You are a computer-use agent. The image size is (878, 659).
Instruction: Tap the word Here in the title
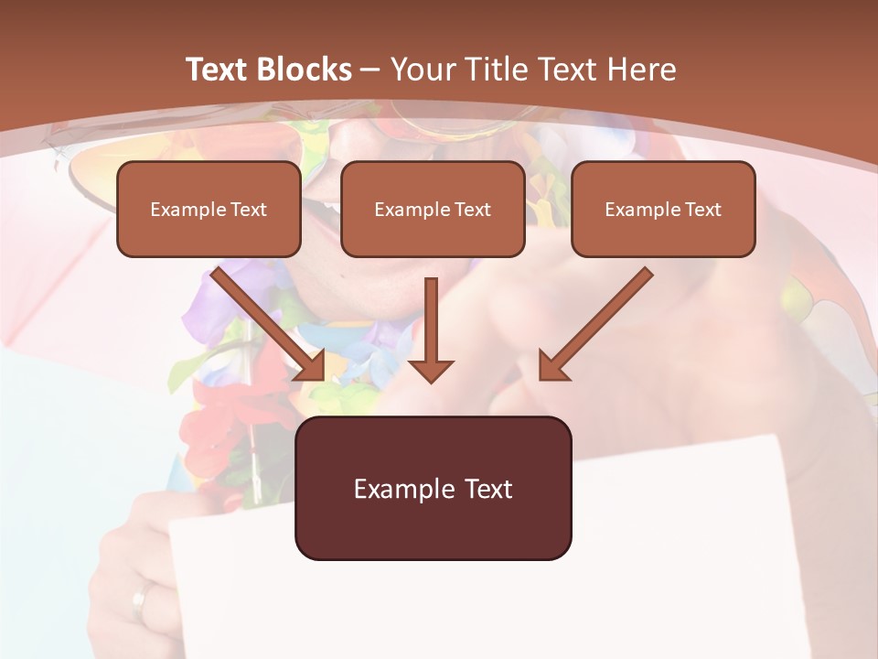tap(644, 70)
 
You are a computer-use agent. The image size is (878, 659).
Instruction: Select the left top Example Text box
tap(209, 209)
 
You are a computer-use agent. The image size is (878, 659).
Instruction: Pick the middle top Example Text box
tap(433, 209)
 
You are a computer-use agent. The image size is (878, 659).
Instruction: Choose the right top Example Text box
tap(663, 209)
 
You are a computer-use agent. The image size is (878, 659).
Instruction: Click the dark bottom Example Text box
tap(433, 488)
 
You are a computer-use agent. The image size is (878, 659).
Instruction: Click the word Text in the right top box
tap(702, 210)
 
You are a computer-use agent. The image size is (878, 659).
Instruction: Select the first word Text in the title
tap(215, 70)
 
